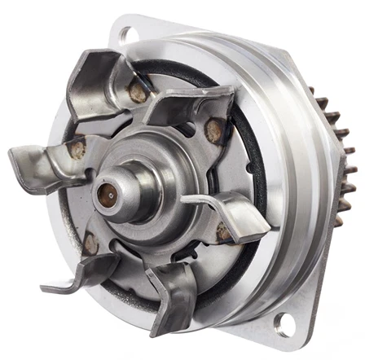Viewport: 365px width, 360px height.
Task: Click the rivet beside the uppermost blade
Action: point(139,94)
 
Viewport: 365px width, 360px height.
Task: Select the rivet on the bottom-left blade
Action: point(91,244)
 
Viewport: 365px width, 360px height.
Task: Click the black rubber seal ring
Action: point(244,163)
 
